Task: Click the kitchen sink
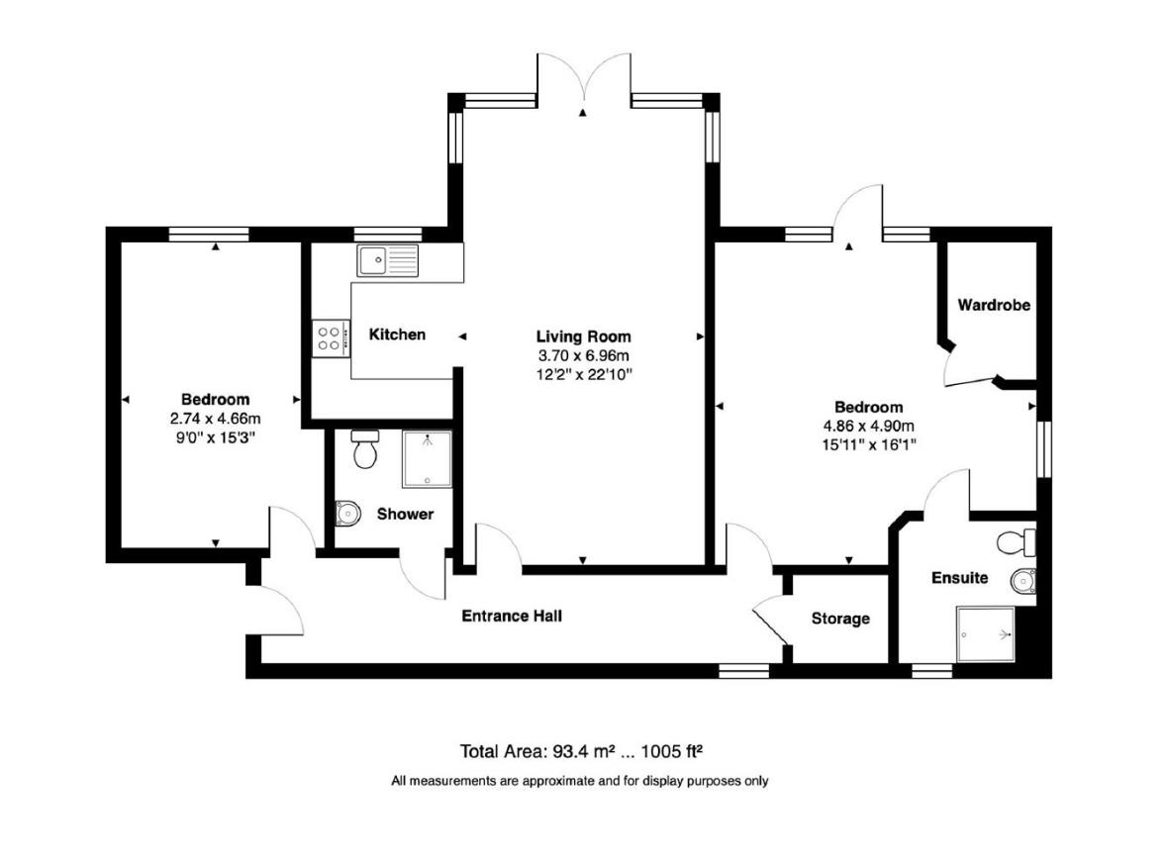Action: [x=388, y=260]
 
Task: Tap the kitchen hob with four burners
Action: [x=330, y=338]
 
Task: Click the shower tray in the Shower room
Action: [x=427, y=459]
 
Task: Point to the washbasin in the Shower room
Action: [x=346, y=513]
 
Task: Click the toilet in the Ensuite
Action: [x=1016, y=542]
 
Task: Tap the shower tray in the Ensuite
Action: [x=985, y=633]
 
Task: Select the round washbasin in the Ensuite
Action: [x=1022, y=579]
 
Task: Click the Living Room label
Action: [x=583, y=337]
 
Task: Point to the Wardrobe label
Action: [x=994, y=305]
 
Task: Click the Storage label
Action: [x=840, y=619]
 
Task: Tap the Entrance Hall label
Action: [x=512, y=616]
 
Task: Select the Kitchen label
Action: [x=397, y=335]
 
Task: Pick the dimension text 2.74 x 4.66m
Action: [x=215, y=419]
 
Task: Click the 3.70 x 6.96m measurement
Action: [x=583, y=355]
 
